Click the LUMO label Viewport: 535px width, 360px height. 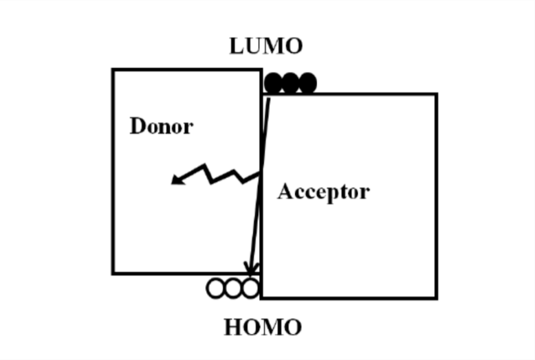[x=265, y=46]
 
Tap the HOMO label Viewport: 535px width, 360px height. [x=263, y=328]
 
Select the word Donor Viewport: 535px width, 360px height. [x=161, y=126]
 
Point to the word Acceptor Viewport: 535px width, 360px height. [x=323, y=192]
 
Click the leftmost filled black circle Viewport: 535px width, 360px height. [x=274, y=83]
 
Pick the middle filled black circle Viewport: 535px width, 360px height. [x=290, y=83]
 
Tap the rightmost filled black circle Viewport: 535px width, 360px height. [x=307, y=83]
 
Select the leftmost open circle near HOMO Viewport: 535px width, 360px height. [x=216, y=288]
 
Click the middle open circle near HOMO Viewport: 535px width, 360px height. [x=234, y=288]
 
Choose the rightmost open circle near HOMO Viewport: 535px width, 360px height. [x=250, y=288]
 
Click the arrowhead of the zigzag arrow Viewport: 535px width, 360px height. [x=177, y=181]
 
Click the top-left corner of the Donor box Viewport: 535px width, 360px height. [x=114, y=69]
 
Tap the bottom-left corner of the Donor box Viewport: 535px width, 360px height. [x=114, y=273]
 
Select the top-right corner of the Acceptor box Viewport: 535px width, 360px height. [x=435, y=95]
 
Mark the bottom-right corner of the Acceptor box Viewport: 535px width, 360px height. [x=435, y=297]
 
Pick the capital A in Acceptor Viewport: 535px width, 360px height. [x=285, y=192]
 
